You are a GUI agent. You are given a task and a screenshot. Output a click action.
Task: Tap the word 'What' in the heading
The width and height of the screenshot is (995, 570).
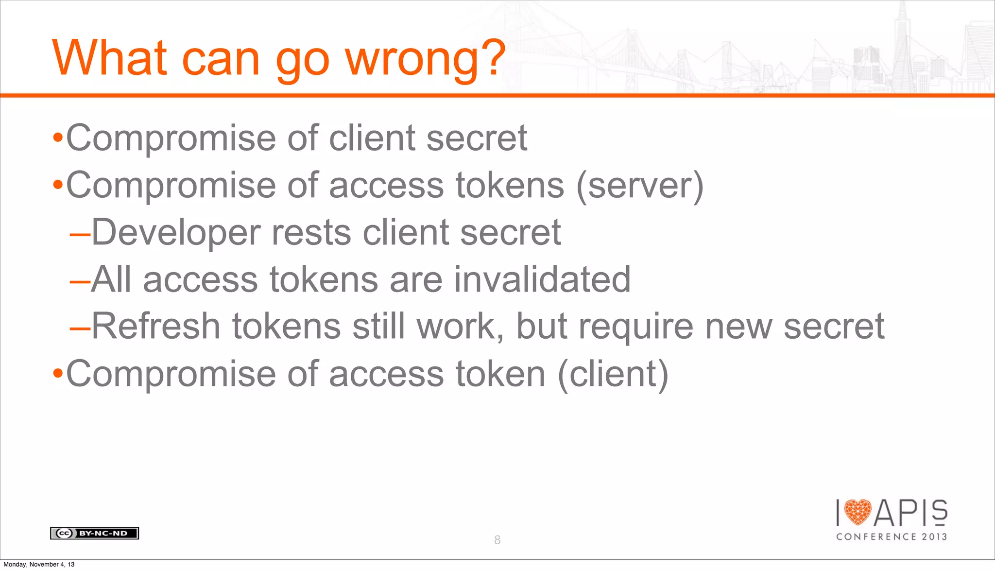pyautogui.click(x=110, y=58)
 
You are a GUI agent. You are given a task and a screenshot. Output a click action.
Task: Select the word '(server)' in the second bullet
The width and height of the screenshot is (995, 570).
pyautogui.click(x=640, y=186)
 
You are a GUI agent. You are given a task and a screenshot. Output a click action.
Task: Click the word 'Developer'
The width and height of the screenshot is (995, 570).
pyautogui.click(x=175, y=232)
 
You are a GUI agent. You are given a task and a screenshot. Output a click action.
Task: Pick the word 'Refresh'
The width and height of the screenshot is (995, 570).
pyautogui.click(x=156, y=326)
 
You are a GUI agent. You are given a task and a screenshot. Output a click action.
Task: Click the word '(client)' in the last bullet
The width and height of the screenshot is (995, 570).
pyautogui.click(x=613, y=374)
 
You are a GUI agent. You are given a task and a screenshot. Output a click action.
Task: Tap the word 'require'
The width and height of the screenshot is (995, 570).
pyautogui.click(x=636, y=327)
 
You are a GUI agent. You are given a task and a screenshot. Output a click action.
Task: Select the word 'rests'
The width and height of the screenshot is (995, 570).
pyautogui.click(x=311, y=232)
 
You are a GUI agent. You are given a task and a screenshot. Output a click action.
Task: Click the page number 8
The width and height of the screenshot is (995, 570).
pyautogui.click(x=497, y=540)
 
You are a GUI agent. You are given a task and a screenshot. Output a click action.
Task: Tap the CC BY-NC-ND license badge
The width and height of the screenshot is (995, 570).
pyautogui.click(x=94, y=533)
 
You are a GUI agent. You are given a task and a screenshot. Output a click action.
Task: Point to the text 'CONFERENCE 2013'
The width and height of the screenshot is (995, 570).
pyautogui.click(x=892, y=536)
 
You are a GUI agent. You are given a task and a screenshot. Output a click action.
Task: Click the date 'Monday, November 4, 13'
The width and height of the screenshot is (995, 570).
pyautogui.click(x=39, y=564)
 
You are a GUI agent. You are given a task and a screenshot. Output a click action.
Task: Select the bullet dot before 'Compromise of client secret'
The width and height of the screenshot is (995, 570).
pyautogui.click(x=58, y=138)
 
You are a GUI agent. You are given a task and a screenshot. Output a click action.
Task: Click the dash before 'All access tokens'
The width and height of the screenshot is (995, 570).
pyautogui.click(x=80, y=281)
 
